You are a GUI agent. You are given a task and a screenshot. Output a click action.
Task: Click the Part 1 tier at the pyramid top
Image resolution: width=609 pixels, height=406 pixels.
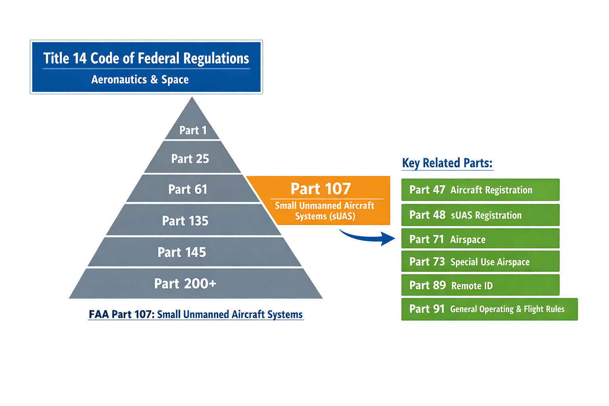point(193,130)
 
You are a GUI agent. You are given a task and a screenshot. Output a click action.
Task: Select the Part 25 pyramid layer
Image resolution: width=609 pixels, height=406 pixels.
point(190,159)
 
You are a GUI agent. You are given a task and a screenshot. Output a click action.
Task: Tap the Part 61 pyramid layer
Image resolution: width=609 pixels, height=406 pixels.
point(188,189)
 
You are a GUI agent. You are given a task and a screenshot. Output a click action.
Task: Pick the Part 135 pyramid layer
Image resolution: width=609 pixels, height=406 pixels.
point(185,220)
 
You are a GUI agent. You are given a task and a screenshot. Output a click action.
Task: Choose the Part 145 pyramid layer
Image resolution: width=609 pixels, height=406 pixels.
point(182,252)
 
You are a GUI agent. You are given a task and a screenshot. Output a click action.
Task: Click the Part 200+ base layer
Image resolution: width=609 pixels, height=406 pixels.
point(185,283)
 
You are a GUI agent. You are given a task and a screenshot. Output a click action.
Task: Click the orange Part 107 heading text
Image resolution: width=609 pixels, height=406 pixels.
point(321,189)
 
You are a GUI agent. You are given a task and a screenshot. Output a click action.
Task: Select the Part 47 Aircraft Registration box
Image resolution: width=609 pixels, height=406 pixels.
point(480,190)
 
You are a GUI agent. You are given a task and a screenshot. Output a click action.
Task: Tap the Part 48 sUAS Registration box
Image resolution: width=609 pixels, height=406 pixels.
point(480,215)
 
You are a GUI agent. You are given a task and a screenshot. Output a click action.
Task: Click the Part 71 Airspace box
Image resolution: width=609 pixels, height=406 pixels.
point(480,239)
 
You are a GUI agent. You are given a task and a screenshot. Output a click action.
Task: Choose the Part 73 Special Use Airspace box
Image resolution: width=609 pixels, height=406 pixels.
point(480,262)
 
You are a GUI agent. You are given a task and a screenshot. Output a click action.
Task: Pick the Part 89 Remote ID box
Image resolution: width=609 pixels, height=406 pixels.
point(480,285)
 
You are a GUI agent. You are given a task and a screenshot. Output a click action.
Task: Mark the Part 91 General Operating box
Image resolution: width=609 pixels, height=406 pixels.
point(489,309)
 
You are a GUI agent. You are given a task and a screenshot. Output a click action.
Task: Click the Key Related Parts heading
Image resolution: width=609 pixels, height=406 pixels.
point(447,163)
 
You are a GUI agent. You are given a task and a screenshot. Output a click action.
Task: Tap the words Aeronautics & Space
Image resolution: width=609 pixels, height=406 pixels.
point(140,80)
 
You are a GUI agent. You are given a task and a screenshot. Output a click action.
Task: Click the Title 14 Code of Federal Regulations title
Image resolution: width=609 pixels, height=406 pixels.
point(146,58)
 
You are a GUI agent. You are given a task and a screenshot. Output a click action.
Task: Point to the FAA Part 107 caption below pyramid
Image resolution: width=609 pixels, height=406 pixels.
point(196,314)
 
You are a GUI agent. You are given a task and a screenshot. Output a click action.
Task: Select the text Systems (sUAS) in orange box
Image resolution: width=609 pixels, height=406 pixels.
point(325,216)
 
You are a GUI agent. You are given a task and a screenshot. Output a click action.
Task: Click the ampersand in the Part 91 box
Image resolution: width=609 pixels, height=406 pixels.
point(519,309)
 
